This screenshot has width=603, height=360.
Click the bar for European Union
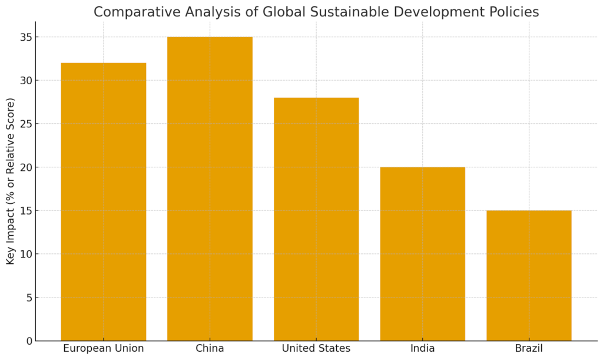(x=104, y=202)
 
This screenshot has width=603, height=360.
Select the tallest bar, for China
(x=210, y=189)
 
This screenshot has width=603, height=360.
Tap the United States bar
(x=316, y=219)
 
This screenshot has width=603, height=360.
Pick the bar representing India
(x=422, y=254)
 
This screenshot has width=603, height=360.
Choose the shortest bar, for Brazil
(x=529, y=276)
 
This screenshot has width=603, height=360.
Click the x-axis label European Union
(x=104, y=348)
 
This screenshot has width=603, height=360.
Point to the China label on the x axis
(x=210, y=348)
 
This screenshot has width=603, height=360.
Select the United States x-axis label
(x=316, y=348)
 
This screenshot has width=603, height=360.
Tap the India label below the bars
(x=422, y=348)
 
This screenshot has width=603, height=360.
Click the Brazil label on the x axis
(x=529, y=348)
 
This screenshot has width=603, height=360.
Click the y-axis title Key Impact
(x=11, y=181)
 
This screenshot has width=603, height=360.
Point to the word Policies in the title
(x=514, y=12)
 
